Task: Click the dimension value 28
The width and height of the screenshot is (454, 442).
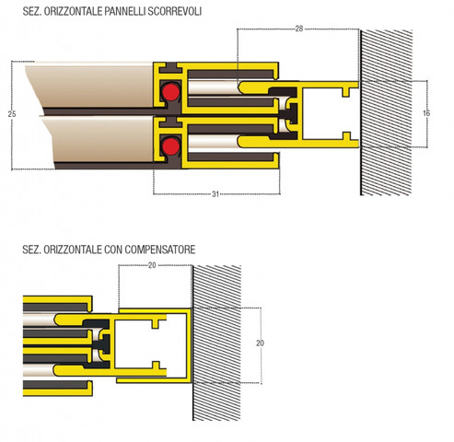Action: pos(299,29)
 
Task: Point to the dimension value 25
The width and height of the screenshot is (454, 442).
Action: pos(12,114)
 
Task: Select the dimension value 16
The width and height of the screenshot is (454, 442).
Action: pos(426,113)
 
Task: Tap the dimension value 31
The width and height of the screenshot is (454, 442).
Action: pos(215,194)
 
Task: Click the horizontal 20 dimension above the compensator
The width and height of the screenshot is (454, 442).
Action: pos(152,265)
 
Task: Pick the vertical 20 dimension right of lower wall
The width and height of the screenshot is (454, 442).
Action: pos(260,343)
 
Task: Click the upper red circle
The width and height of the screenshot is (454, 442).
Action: pos(170,91)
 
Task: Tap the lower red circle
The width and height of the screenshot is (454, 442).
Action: pos(170,145)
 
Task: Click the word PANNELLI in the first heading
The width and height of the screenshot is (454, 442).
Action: pos(125,11)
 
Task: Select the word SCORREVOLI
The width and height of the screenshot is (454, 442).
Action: pos(175,11)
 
